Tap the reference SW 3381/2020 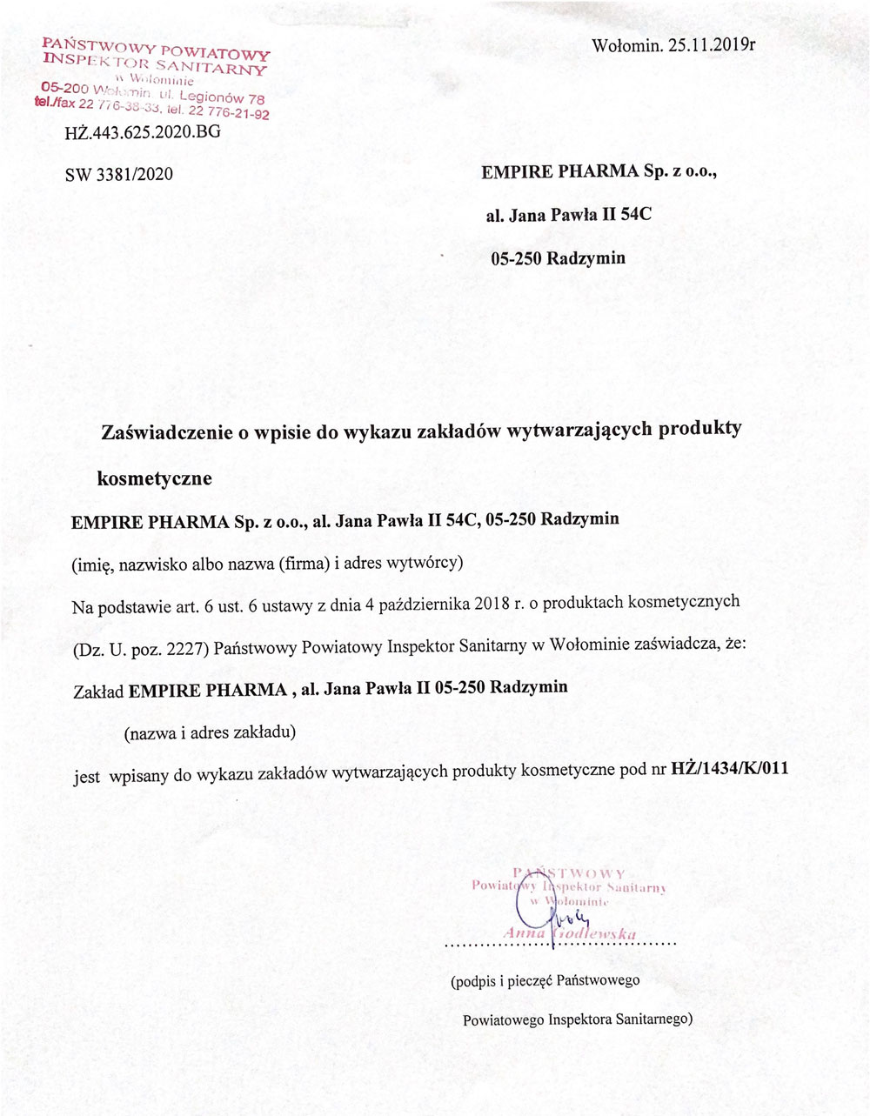pyautogui.click(x=119, y=174)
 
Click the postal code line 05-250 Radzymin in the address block pyautogui.click(x=558, y=258)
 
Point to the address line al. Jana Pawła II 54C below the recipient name pyautogui.click(x=568, y=214)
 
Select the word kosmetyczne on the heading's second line pyautogui.click(x=154, y=478)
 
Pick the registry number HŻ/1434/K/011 pyautogui.click(x=730, y=772)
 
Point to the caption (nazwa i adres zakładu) pyautogui.click(x=211, y=732)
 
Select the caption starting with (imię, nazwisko pyautogui.click(x=267, y=563)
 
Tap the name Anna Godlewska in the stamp pyautogui.click(x=570, y=933)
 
